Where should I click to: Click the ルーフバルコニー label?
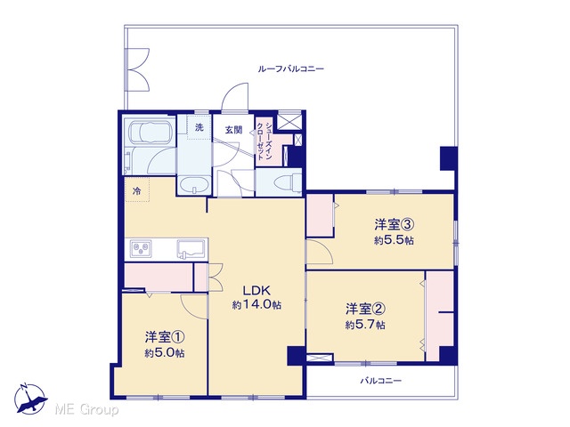[291, 68]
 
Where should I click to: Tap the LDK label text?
[256, 291]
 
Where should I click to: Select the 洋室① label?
[165, 338]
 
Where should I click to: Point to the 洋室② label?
[365, 309]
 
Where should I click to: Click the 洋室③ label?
[395, 225]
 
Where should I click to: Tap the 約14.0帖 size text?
[256, 305]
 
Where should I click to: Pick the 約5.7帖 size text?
[365, 325]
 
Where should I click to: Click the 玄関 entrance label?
[233, 130]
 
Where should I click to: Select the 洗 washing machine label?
[199, 127]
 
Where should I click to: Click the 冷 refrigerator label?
[136, 190]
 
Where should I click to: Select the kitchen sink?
[191, 249]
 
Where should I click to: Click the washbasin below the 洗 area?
[194, 186]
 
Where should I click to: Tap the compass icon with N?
[29, 399]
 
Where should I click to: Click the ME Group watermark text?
[86, 410]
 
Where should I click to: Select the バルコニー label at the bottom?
[380, 381]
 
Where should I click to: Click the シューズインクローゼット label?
[265, 141]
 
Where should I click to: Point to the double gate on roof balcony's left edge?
[136, 70]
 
